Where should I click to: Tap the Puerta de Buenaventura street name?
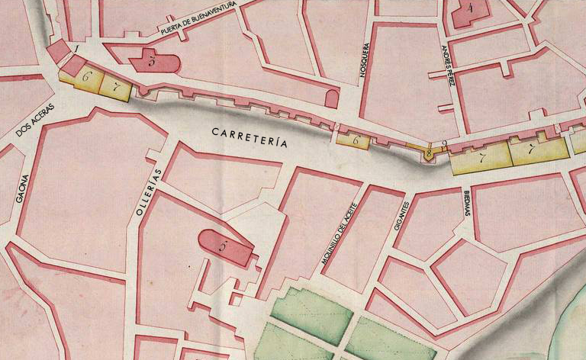point(200,19)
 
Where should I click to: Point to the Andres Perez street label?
point(448,76)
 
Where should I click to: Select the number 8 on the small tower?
point(429,153)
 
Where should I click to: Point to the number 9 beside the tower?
point(443,143)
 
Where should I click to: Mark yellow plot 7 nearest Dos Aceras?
point(115,86)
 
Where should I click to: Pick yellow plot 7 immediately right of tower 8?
point(481,159)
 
